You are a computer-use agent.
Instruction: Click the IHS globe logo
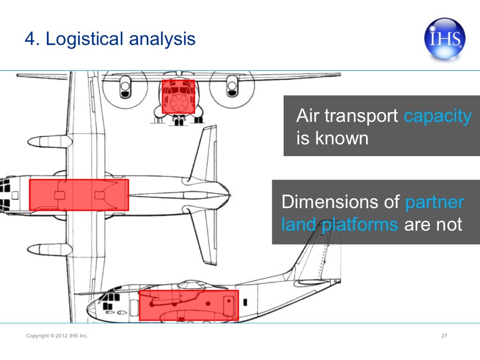pyautogui.click(x=444, y=38)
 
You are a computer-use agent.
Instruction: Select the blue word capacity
pyautogui.click(x=437, y=116)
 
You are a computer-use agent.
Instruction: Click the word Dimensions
pyautogui.click(x=339, y=202)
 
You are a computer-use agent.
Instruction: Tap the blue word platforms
pyautogui.click(x=359, y=225)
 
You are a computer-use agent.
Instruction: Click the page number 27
pyautogui.click(x=444, y=336)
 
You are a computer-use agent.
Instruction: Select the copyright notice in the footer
pyautogui.click(x=57, y=336)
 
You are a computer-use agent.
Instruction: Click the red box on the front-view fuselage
pyautogui.click(x=178, y=96)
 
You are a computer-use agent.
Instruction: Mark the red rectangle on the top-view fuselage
pyautogui.click(x=79, y=195)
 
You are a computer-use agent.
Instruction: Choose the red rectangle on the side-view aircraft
pyautogui.click(x=189, y=305)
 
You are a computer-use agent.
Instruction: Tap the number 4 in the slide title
pyautogui.click(x=30, y=39)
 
